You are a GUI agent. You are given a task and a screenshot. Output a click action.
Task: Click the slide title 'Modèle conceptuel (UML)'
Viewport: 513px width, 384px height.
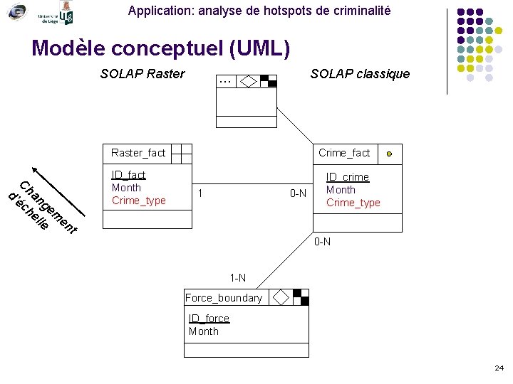click(161, 48)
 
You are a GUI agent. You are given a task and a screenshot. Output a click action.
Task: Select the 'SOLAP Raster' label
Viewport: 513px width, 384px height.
click(142, 74)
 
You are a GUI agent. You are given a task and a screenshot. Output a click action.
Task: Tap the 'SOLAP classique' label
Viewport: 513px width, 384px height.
click(360, 74)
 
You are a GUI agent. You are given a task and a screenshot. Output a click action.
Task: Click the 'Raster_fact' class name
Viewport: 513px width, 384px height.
click(138, 153)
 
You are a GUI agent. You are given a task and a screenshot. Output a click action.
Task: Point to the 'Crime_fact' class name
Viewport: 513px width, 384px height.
click(344, 153)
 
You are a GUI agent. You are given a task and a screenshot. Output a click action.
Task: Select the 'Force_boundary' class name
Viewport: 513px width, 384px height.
click(224, 298)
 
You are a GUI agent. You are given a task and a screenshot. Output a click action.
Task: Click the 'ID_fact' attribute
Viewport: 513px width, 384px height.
click(128, 175)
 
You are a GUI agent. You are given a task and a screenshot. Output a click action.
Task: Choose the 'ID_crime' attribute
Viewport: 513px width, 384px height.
click(347, 177)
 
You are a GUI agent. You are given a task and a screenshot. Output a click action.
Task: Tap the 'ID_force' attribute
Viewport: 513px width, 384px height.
click(209, 319)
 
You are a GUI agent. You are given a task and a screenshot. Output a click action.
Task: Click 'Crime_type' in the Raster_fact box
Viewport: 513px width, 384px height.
click(139, 201)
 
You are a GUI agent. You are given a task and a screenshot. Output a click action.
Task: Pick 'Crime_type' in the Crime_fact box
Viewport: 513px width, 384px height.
click(353, 203)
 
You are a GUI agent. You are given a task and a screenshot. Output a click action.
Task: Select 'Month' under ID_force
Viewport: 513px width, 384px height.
click(204, 331)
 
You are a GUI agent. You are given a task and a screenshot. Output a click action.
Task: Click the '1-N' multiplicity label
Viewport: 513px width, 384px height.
click(238, 277)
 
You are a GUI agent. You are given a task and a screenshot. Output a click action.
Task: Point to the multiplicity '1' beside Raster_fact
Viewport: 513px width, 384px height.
click(201, 193)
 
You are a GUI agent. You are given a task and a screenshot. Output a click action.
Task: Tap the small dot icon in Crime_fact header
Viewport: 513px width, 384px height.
click(388, 154)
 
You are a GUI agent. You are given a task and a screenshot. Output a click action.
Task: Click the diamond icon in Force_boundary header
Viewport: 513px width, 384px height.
click(281, 297)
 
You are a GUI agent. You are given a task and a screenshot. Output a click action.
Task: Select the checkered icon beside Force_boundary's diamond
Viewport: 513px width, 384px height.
click(301, 297)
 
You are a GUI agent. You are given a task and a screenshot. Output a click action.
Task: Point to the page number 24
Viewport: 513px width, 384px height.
click(499, 368)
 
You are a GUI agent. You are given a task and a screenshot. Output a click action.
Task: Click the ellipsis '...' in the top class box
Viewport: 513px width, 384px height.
click(226, 81)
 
